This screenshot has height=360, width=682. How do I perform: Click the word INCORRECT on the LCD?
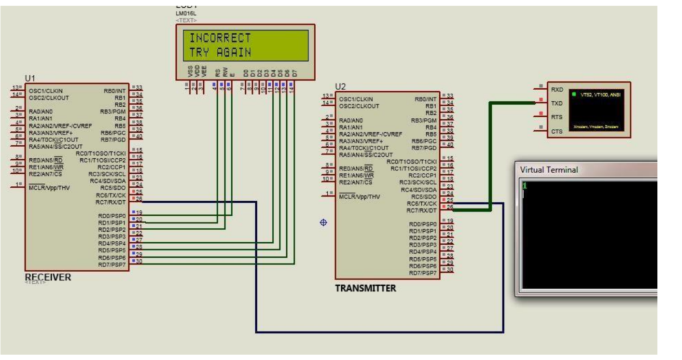[x=220, y=38]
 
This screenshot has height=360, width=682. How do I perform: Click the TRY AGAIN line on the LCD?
[x=220, y=52]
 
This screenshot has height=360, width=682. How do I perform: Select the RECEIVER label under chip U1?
[x=48, y=277]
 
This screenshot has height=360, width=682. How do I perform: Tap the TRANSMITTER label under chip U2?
[x=365, y=288]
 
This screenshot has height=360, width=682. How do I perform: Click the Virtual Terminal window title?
[x=549, y=170]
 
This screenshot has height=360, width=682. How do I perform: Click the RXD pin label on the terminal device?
[x=557, y=90]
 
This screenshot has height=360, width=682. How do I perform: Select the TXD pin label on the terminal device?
[x=557, y=103]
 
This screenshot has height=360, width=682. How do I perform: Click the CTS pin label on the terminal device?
[x=557, y=131]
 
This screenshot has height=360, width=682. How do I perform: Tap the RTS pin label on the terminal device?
[x=557, y=117]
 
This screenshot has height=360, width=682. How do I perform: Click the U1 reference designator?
[x=29, y=78]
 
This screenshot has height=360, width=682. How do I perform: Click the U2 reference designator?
[x=340, y=86]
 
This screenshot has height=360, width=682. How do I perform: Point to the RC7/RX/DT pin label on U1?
[x=111, y=202]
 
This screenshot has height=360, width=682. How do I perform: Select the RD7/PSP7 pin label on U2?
[x=422, y=273]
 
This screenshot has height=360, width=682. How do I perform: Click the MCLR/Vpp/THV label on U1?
[x=49, y=188]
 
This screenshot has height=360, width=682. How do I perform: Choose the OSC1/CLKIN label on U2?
[x=356, y=99]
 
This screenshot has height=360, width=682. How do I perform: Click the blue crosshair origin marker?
[x=323, y=222]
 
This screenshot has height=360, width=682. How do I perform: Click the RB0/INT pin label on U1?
[x=114, y=91]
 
